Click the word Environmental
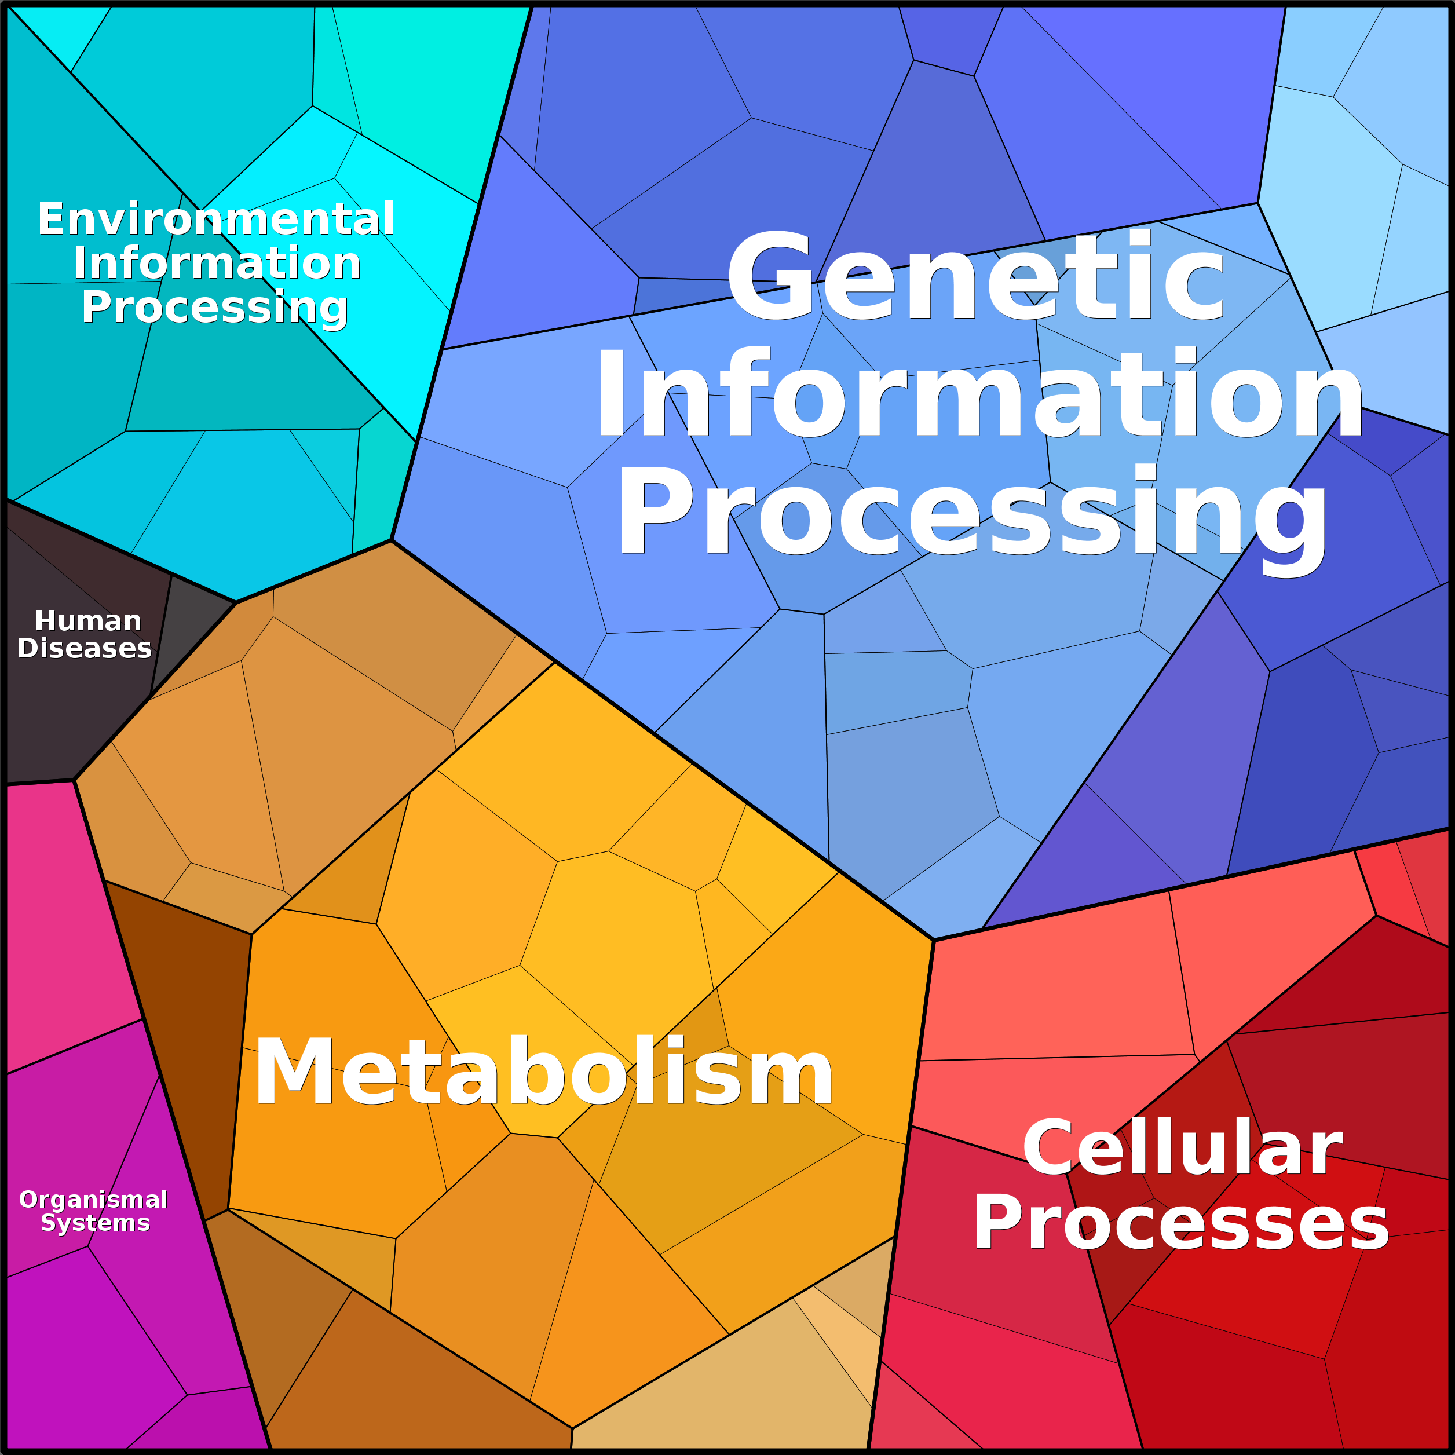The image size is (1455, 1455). pyautogui.click(x=216, y=219)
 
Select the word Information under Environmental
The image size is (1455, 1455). pyautogui.click(x=217, y=264)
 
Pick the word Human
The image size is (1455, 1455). pyautogui.click(x=88, y=622)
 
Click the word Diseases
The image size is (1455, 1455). pyautogui.click(x=85, y=648)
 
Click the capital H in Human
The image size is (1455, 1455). pyautogui.click(x=47, y=622)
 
